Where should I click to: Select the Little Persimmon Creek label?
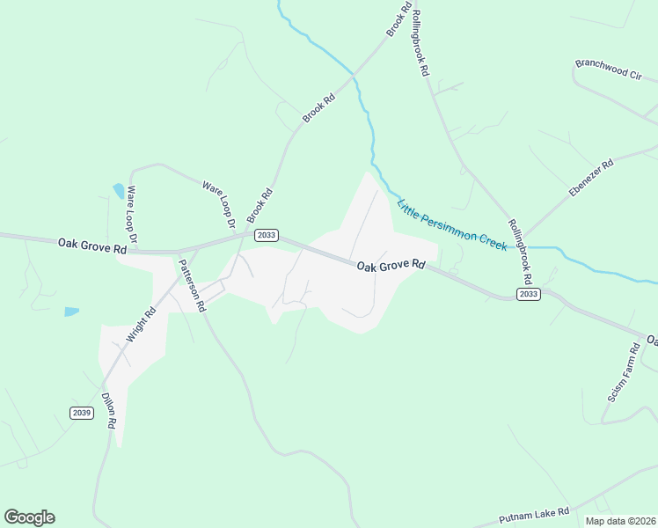[x=452, y=225]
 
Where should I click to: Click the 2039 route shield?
[x=81, y=413]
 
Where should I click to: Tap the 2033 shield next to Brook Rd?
[x=266, y=235]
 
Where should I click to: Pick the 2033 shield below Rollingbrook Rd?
[x=528, y=295]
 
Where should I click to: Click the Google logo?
[x=29, y=517]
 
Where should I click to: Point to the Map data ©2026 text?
[x=620, y=521]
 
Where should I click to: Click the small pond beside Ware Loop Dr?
[x=119, y=190]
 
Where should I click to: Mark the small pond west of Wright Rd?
[x=71, y=312]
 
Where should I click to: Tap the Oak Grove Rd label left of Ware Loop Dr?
[x=92, y=246]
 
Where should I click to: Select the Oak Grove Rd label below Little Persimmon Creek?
[x=391, y=264]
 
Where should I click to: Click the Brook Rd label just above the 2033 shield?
[x=260, y=206]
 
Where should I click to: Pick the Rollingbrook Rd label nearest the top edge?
[x=420, y=42]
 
